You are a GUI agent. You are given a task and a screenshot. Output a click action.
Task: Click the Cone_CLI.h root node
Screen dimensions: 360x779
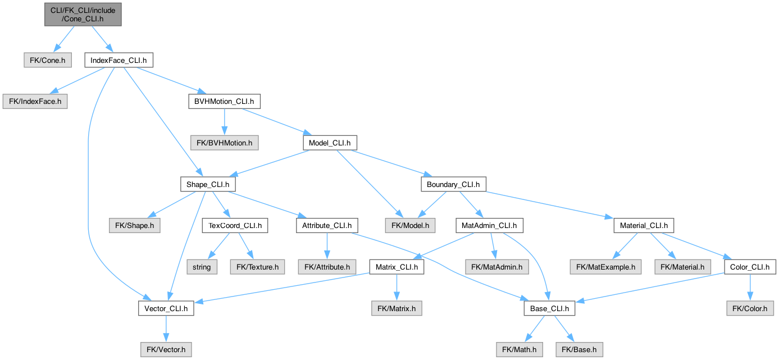point(82,13)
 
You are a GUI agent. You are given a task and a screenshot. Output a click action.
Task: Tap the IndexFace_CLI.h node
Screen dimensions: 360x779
point(119,60)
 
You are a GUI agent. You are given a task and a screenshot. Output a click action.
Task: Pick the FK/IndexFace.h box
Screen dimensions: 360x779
point(35,102)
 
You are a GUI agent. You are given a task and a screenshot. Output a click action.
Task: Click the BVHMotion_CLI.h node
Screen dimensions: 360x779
point(224,102)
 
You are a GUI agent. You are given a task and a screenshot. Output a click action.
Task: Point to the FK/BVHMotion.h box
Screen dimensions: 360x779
point(224,143)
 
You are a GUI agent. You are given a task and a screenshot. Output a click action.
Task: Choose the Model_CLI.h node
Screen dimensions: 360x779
point(330,143)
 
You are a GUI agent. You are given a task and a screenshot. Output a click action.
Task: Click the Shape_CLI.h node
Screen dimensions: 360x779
point(208,184)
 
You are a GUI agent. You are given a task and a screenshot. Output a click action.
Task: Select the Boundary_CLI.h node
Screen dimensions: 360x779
point(453,184)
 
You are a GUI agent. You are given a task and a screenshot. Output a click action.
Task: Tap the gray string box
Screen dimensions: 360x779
point(202,267)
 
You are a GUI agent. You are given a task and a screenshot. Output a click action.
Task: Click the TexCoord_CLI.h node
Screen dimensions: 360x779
point(235,226)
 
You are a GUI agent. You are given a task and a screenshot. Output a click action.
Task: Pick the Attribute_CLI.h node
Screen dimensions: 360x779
point(327,226)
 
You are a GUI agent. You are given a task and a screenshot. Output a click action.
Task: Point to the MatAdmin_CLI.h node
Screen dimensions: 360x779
point(489,226)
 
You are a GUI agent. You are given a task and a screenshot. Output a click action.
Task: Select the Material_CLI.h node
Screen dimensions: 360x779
point(644,226)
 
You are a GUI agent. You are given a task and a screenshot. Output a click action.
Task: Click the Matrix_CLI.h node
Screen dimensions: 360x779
point(397,267)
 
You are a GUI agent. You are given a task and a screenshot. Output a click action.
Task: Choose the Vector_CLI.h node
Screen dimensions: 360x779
point(166,308)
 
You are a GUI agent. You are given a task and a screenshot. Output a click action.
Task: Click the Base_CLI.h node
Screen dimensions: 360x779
point(549,308)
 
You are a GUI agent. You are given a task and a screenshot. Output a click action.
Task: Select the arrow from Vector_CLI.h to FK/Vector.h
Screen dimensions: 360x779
point(166,329)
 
